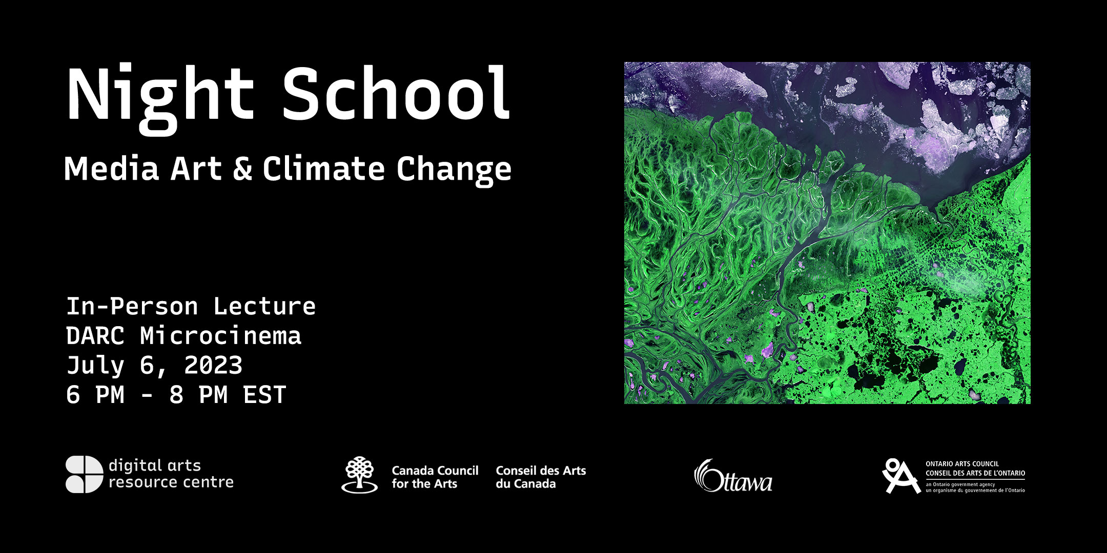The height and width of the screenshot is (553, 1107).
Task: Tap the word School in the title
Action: (x=396, y=92)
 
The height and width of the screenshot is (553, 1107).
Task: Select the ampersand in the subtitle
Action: (x=242, y=168)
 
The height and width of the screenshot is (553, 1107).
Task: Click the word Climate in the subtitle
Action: (x=323, y=168)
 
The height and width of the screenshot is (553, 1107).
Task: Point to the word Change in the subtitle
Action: (x=454, y=171)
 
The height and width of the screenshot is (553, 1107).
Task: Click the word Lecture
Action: (x=264, y=307)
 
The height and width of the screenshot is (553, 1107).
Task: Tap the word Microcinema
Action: (x=221, y=336)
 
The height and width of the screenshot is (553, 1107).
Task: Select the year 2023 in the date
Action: (x=213, y=366)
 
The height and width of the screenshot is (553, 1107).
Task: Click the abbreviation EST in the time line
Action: (x=264, y=395)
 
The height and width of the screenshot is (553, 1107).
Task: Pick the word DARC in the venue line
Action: (x=95, y=336)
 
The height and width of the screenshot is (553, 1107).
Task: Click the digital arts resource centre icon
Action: (x=84, y=474)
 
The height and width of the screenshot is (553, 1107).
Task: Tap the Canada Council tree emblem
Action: (x=360, y=475)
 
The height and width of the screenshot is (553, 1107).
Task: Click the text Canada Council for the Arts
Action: (x=435, y=477)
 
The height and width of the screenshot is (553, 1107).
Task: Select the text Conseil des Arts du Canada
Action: (x=541, y=477)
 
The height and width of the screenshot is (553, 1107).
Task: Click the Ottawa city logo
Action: (x=733, y=476)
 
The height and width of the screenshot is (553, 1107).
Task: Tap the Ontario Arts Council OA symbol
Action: (x=900, y=476)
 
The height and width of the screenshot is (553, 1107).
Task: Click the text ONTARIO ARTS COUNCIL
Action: (x=962, y=464)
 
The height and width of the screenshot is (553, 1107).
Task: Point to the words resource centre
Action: (x=171, y=482)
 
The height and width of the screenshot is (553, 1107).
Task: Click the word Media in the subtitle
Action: (x=111, y=168)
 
